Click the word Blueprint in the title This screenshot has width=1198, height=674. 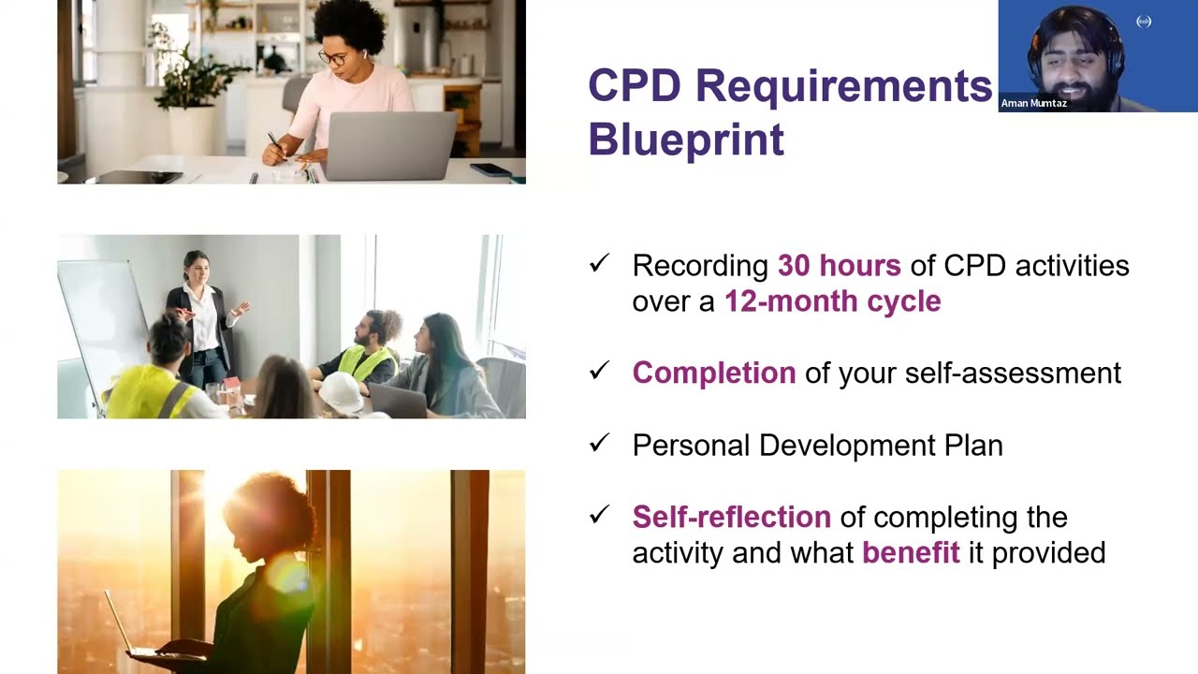coord(685,140)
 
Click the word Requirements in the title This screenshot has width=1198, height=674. coord(842,87)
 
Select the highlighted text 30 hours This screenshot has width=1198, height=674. coord(839,266)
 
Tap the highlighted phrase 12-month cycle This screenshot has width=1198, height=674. coord(832,301)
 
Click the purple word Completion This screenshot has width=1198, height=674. coord(713,373)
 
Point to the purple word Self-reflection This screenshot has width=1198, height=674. coord(731,517)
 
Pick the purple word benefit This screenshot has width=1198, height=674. coord(910,552)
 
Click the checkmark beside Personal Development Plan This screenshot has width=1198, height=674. coord(599,443)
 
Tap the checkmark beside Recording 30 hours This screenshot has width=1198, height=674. coord(599,264)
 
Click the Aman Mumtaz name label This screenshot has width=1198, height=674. coord(1033,103)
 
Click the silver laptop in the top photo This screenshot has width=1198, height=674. coord(390,145)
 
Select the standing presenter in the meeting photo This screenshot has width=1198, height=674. coord(204,318)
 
